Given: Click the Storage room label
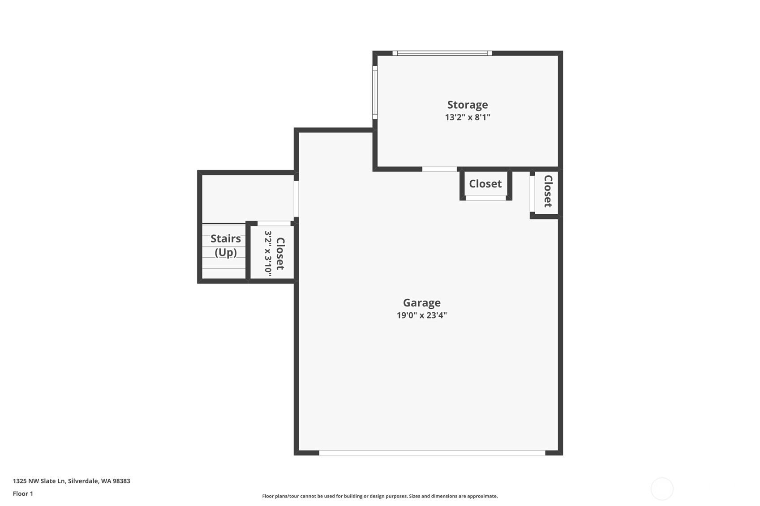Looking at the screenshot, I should pyautogui.click(x=467, y=105).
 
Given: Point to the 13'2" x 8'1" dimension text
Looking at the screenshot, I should pyautogui.click(x=467, y=117).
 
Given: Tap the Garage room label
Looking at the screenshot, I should pyautogui.click(x=421, y=303).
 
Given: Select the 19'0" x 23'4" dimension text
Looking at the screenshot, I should pyautogui.click(x=421, y=315).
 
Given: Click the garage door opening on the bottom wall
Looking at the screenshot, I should pyautogui.click(x=432, y=453).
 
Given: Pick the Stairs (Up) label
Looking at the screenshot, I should pyautogui.click(x=225, y=245).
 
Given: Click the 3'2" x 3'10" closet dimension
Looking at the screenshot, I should pyautogui.click(x=268, y=253).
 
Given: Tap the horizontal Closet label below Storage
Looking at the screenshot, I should pyautogui.click(x=485, y=184).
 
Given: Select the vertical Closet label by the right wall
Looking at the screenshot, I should pyautogui.click(x=548, y=191).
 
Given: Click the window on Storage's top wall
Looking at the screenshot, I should pyautogui.click(x=442, y=53).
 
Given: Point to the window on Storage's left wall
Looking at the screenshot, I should pyautogui.click(x=375, y=92).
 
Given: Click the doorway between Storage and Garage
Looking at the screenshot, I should pyautogui.click(x=439, y=169).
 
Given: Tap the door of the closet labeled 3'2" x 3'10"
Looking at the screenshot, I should pyautogui.click(x=274, y=223).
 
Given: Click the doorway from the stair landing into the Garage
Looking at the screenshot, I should pyautogui.click(x=296, y=199).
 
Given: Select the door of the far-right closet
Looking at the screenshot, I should pyautogui.click(x=532, y=194).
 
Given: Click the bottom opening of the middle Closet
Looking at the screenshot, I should pyautogui.click(x=485, y=198).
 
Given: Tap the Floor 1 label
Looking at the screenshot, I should pyautogui.click(x=23, y=493).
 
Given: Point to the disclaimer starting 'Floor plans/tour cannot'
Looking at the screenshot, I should pyautogui.click(x=380, y=496).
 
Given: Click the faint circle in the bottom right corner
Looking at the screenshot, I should pyautogui.click(x=661, y=489).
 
